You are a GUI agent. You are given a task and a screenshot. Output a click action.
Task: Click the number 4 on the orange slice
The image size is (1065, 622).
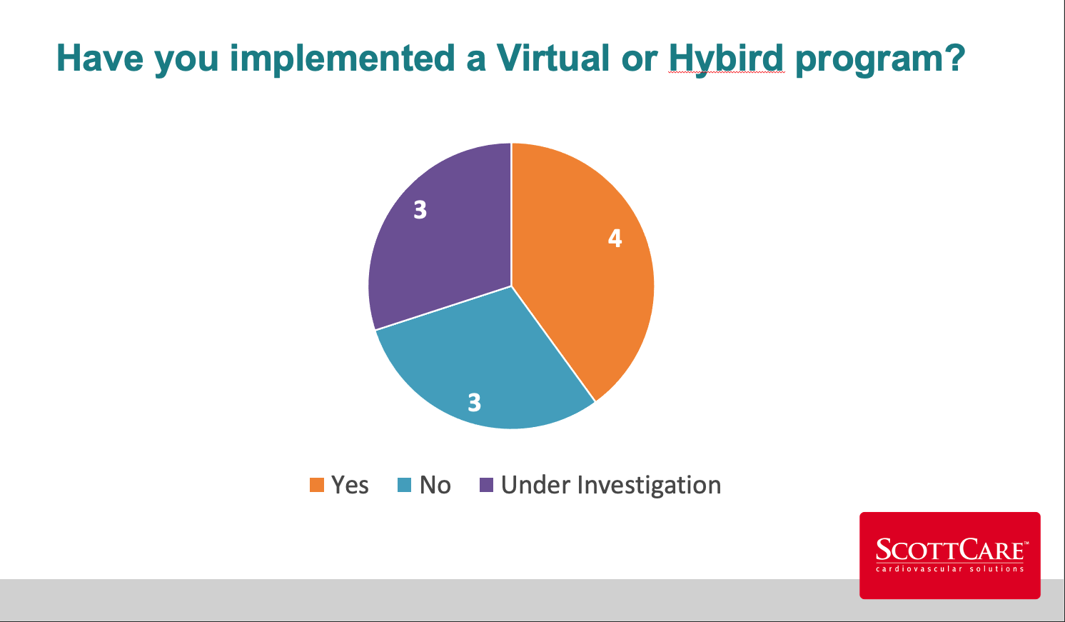pos(615,238)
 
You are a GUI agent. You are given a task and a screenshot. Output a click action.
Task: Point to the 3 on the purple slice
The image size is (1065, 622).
pos(420,209)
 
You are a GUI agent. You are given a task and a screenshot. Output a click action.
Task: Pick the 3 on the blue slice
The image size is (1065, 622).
pos(475,402)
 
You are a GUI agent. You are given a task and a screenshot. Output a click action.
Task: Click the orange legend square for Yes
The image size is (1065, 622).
pos(317,485)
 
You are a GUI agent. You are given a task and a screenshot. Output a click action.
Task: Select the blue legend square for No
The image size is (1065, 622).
pos(404,485)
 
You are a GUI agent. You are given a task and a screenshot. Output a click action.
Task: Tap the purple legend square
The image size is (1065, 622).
pos(486,485)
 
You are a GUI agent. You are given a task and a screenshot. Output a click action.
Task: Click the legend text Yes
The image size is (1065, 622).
pos(350,485)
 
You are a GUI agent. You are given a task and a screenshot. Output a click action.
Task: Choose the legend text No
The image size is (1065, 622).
pos(435,485)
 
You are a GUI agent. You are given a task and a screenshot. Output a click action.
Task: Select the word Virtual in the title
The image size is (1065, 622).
pos(552,58)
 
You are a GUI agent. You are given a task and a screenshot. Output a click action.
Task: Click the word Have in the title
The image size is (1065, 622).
pos(100,58)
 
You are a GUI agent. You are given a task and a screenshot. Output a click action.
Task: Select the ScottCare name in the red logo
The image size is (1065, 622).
pos(950,550)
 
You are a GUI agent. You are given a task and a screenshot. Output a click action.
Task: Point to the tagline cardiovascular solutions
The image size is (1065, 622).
pos(950,568)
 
